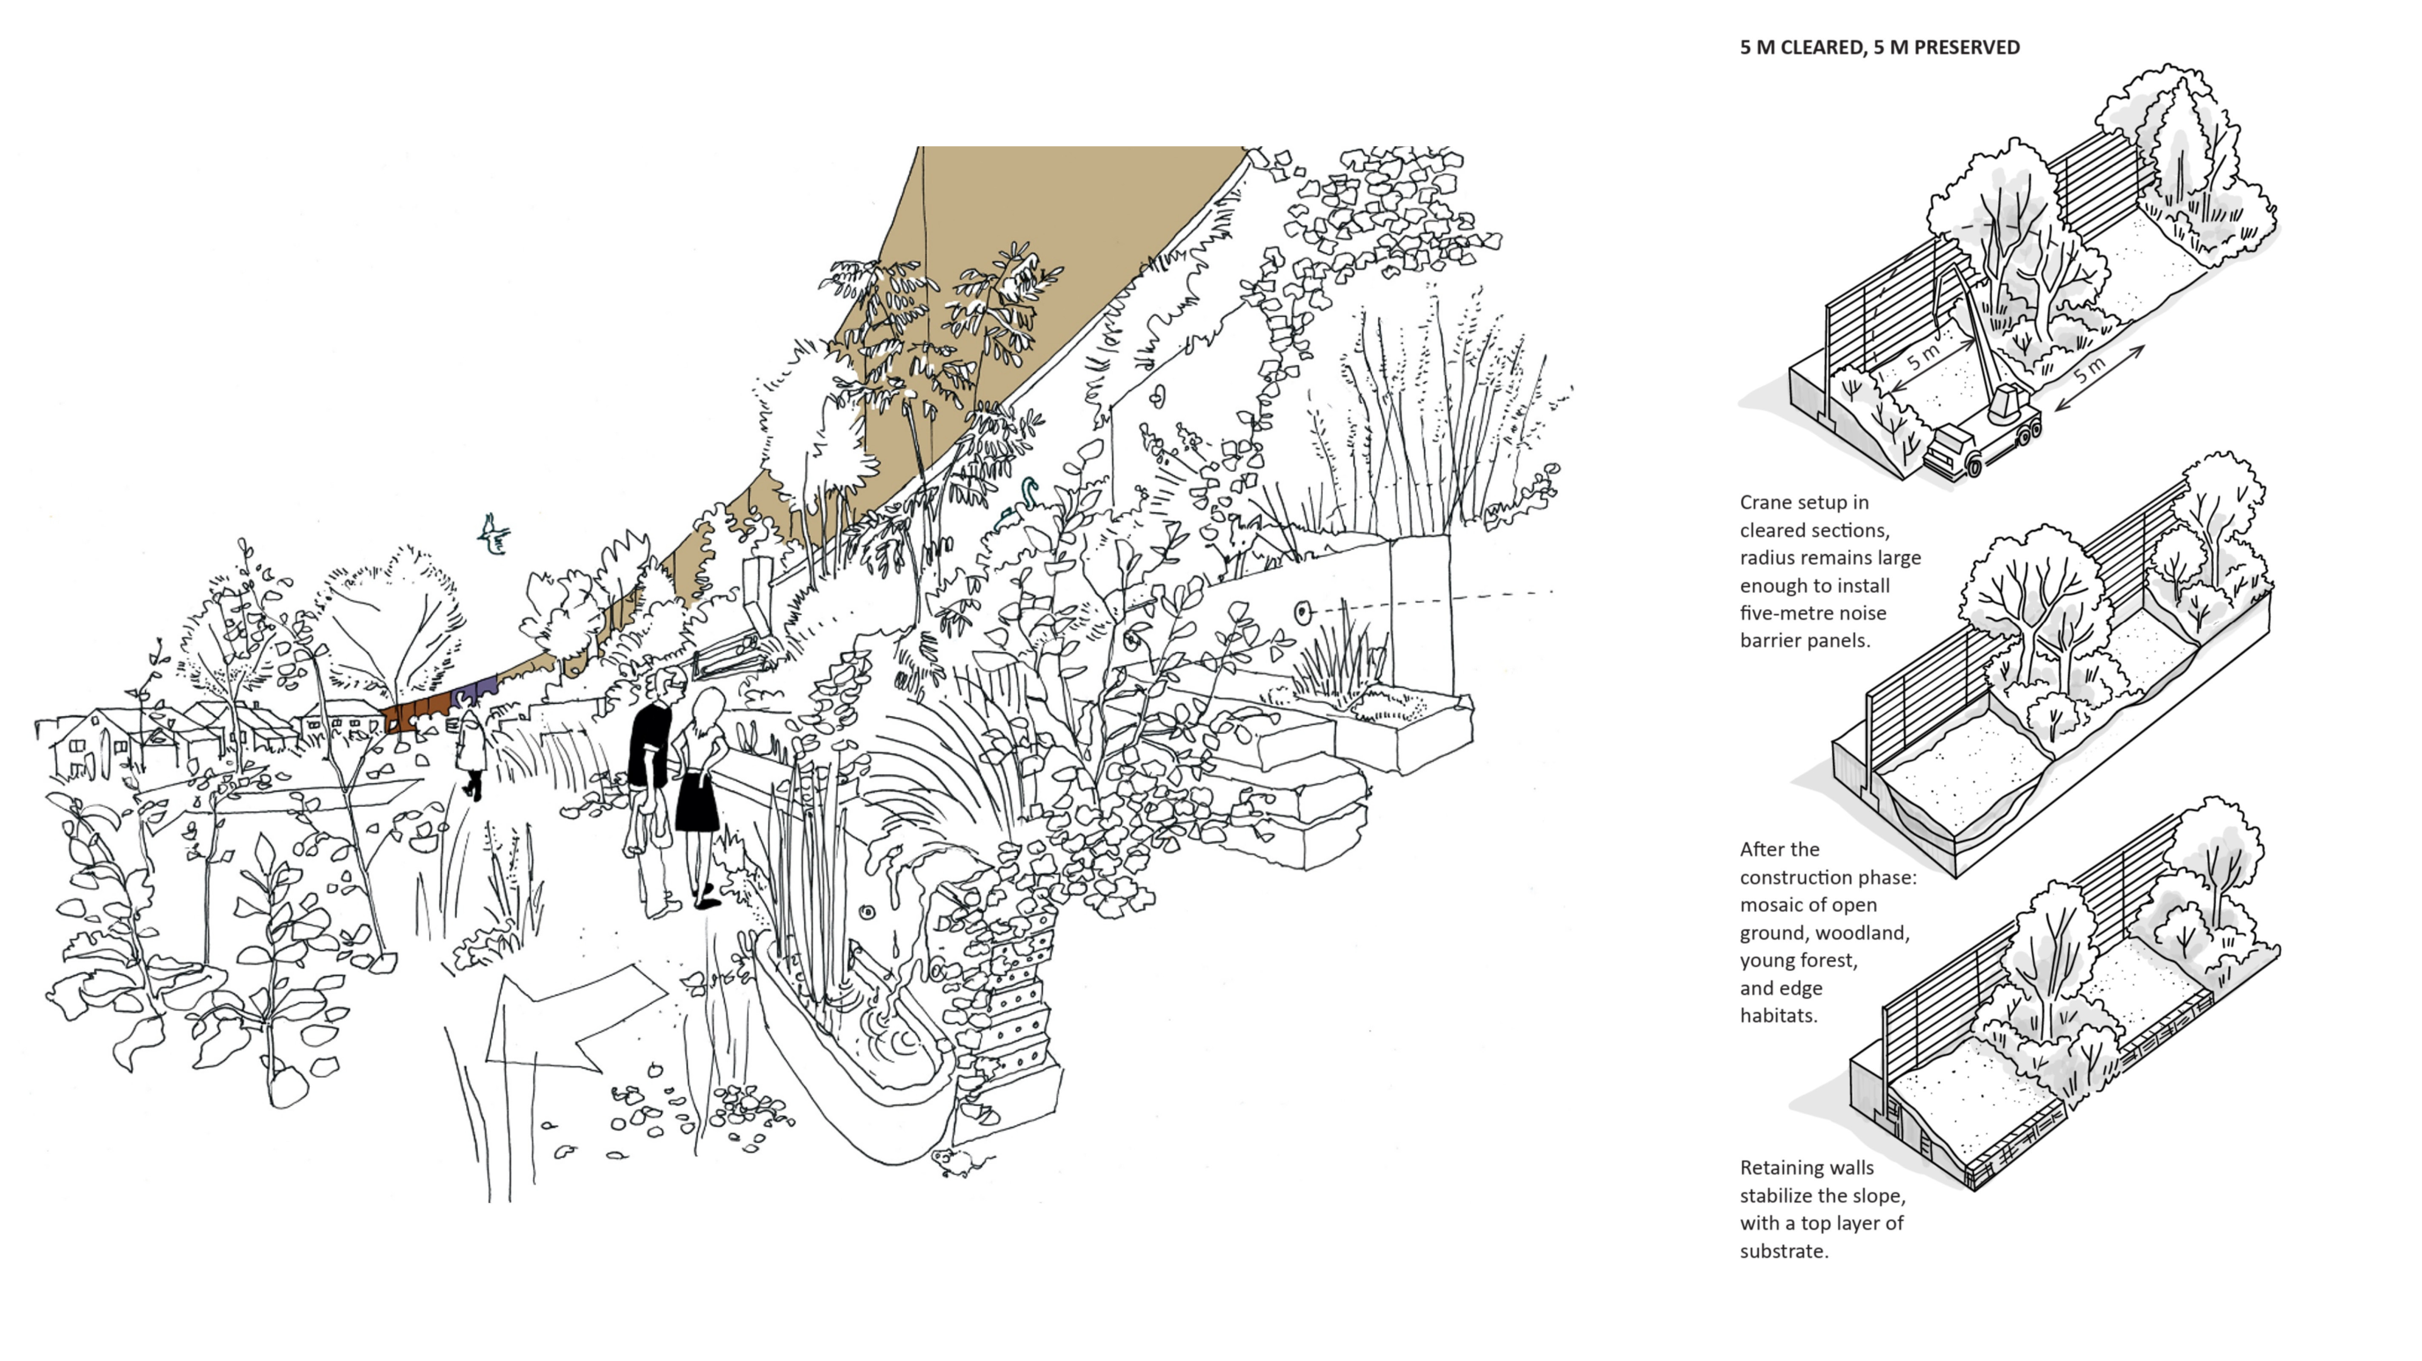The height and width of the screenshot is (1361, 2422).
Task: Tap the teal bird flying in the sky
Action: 494,534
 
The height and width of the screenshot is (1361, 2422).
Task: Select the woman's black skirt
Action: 697,802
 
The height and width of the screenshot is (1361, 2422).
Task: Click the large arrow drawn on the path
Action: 574,1020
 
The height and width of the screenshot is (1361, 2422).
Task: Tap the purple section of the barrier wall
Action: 473,694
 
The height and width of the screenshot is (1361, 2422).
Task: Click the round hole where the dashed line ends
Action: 1302,613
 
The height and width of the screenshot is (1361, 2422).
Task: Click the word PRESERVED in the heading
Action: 1966,47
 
